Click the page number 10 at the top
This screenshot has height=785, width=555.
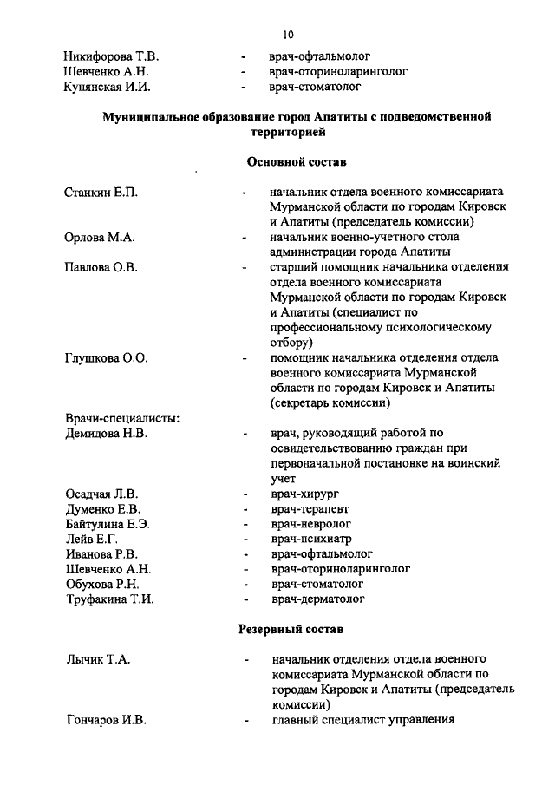[288, 35]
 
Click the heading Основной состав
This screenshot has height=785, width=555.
[296, 162]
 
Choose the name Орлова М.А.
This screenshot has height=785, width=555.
[99, 237]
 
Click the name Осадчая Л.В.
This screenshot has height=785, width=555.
[101, 494]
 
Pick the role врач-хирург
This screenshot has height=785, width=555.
[304, 494]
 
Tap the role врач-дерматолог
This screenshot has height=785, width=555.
[317, 599]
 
